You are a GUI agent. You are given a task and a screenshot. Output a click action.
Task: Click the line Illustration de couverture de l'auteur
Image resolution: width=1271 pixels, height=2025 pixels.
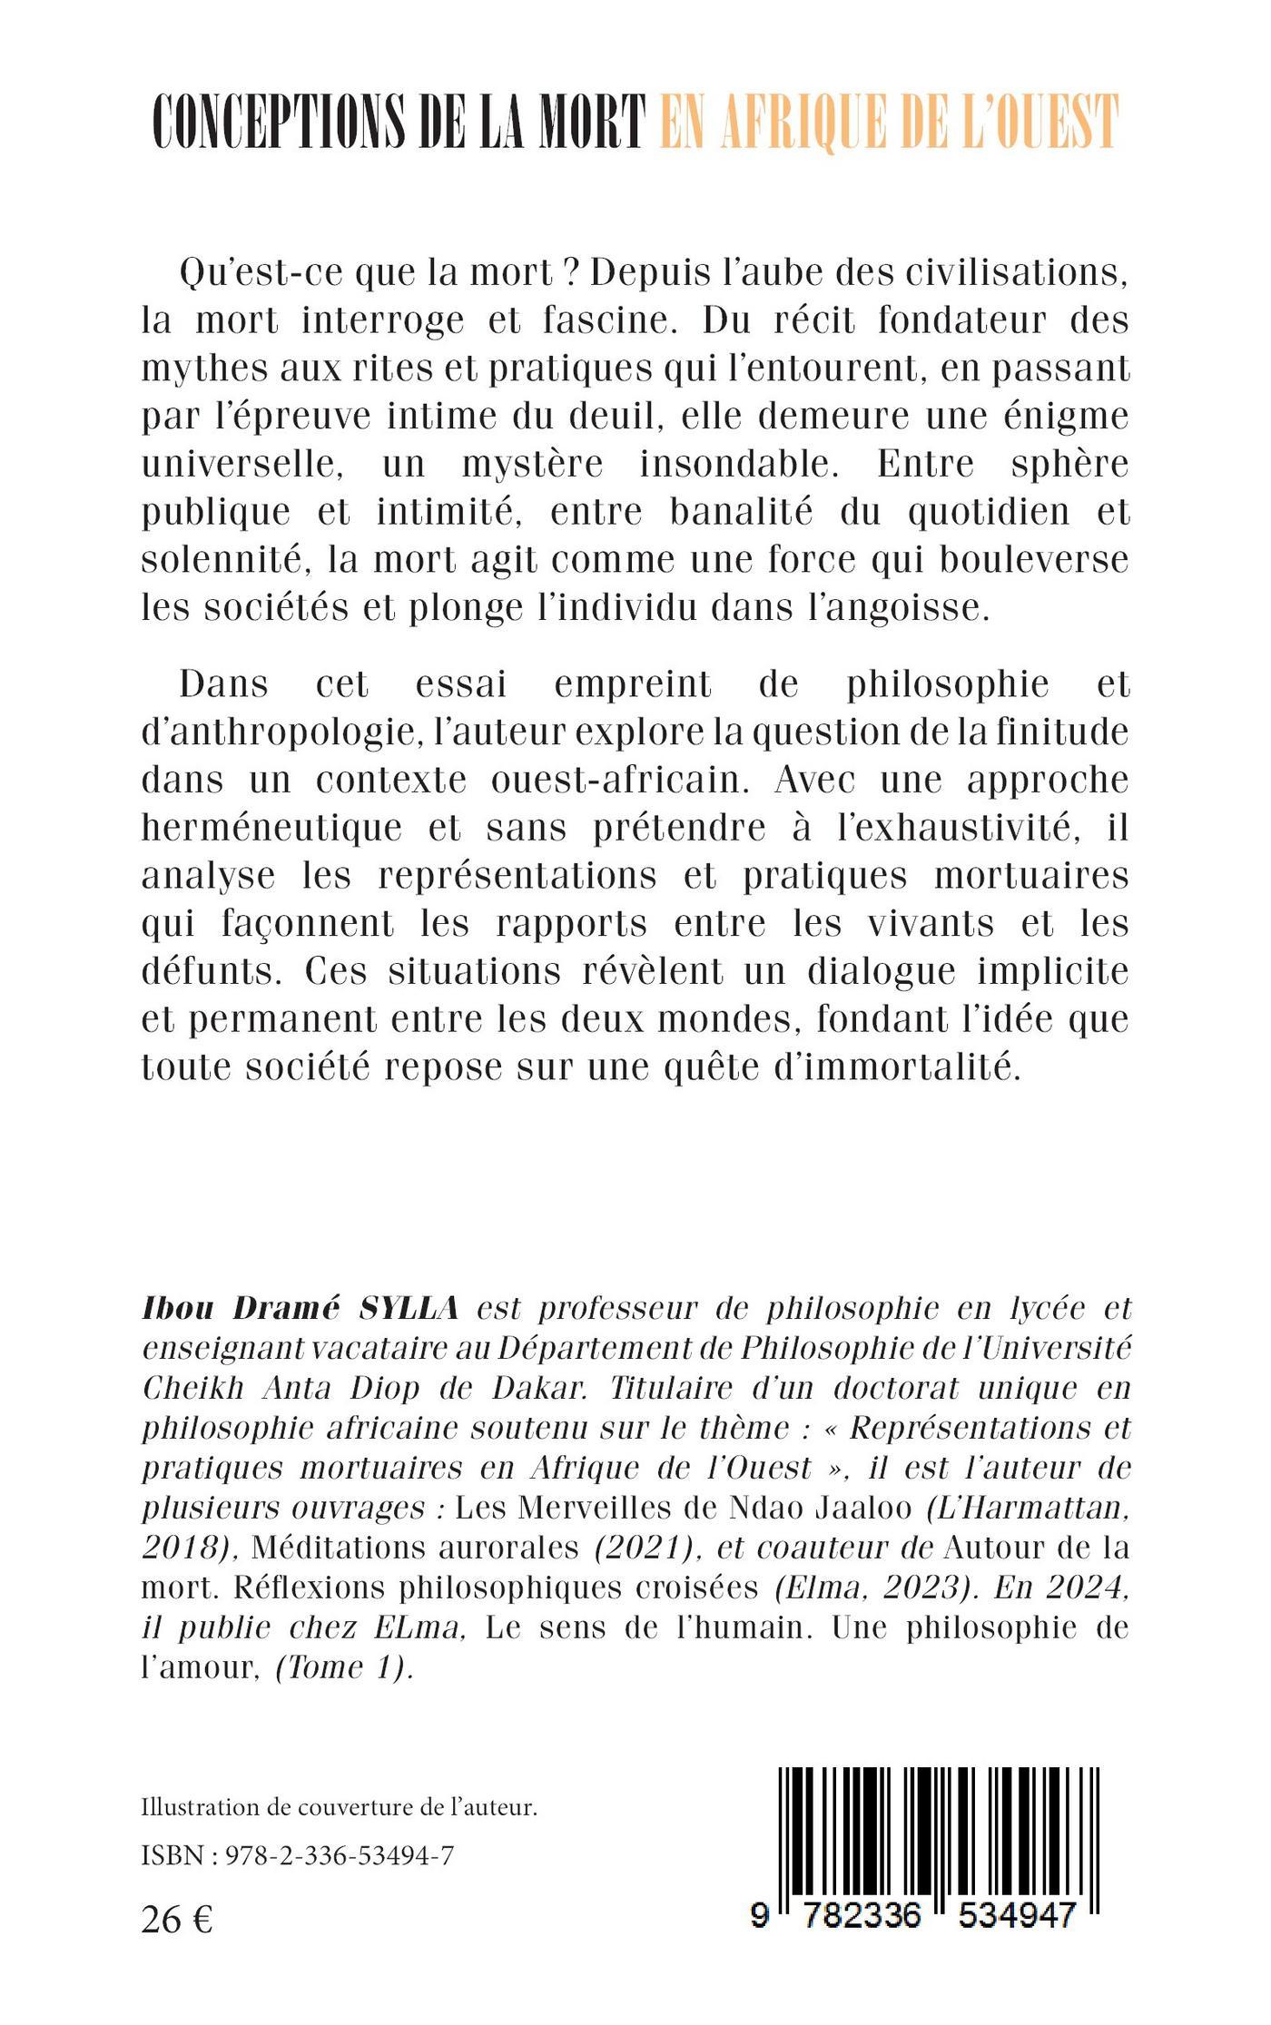click(340, 1807)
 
